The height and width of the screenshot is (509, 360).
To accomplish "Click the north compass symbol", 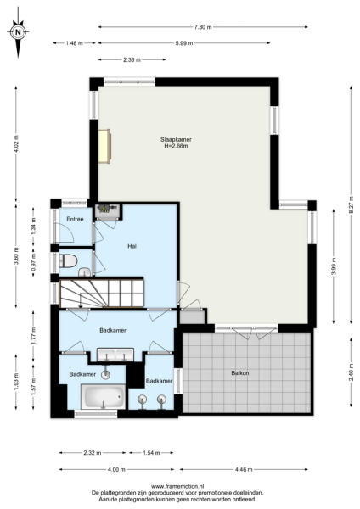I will click(x=19, y=34).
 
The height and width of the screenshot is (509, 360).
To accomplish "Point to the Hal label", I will click(x=132, y=247).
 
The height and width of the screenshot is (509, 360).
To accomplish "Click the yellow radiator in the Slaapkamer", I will click(x=104, y=145).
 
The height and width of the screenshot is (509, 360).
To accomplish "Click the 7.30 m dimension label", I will click(x=202, y=27).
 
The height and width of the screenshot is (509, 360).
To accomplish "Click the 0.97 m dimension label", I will click(x=35, y=263).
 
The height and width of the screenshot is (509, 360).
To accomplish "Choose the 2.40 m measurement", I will click(x=351, y=371).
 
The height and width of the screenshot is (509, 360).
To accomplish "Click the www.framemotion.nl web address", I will click(x=178, y=487).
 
